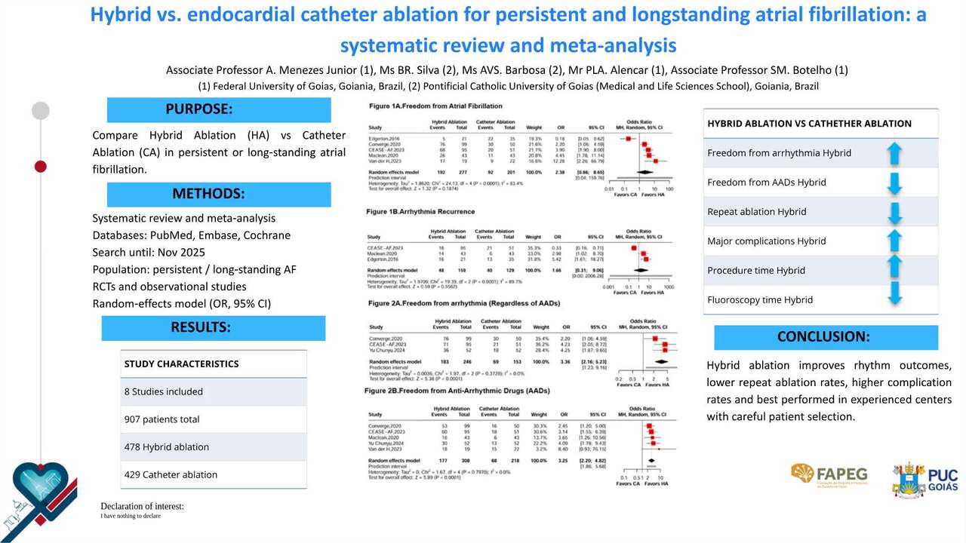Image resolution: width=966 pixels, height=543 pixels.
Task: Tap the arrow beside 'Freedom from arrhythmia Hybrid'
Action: coord(894,153)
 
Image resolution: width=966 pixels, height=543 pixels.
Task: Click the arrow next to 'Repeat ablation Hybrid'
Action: coord(894,212)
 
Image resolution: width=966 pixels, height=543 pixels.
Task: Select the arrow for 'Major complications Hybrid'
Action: coord(894,241)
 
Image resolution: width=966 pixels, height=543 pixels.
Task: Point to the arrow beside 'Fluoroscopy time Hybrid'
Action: coord(894,299)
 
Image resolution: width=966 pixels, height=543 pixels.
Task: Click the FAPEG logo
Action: coord(829,474)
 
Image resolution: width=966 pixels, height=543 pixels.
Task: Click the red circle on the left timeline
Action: coord(41,166)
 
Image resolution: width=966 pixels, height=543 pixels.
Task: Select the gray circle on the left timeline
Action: coord(41,111)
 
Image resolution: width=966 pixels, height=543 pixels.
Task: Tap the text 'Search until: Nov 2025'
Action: coord(149,253)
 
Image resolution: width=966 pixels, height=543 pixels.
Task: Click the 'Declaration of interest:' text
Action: coord(142,506)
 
